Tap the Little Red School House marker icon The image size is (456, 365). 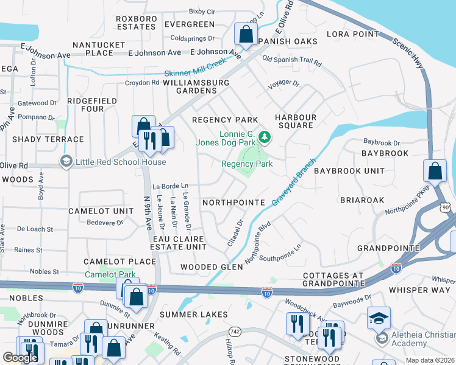[66, 162]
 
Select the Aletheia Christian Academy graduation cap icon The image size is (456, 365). [379, 318]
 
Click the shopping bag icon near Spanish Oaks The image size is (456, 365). [245, 35]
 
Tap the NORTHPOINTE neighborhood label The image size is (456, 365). [233, 202]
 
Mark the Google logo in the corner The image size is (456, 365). [21, 357]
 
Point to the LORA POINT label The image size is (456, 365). [353, 34]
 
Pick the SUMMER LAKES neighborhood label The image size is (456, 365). [193, 315]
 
